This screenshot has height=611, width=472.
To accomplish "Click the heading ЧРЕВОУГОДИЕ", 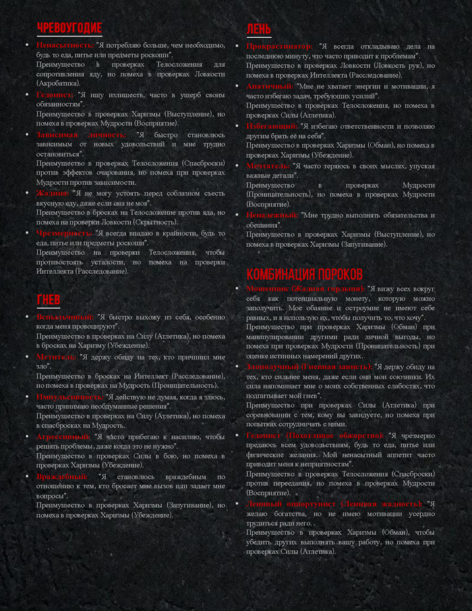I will (69, 28).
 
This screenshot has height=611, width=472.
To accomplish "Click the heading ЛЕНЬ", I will (258, 29).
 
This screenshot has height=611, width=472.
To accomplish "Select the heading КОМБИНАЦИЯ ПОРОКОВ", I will (304, 274).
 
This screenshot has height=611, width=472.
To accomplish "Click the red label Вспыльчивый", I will (65, 316).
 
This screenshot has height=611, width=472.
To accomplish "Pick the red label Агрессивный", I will (64, 436).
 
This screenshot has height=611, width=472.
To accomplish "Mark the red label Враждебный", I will (61, 476).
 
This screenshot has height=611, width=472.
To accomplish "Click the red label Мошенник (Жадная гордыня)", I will (305, 288).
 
